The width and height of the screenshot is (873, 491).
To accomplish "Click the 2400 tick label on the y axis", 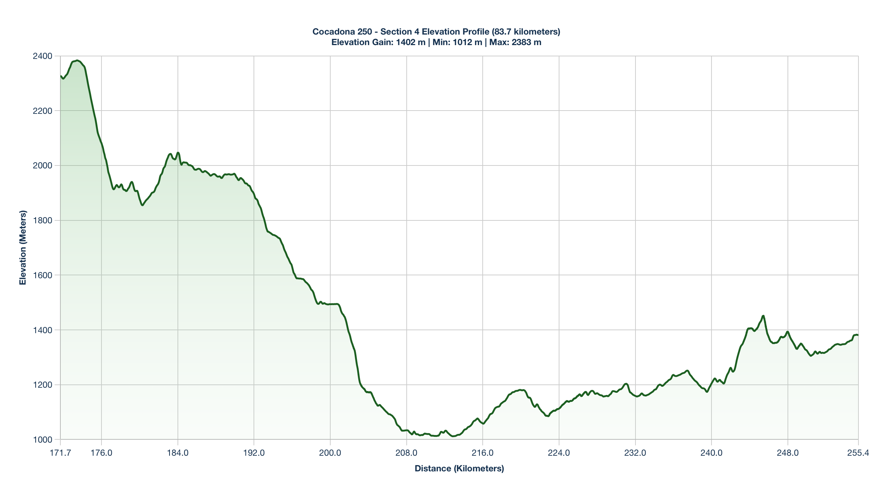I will pos(43,56).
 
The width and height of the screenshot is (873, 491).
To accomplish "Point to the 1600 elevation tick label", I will pos(43,275).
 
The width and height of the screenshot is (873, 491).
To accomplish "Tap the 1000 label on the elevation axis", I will pos(43,440).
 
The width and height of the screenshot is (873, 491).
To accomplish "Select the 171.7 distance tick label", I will pos(60,453).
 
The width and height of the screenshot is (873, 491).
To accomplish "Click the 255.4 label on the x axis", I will pos(858,453).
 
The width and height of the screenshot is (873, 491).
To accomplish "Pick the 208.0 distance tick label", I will pos(406,453).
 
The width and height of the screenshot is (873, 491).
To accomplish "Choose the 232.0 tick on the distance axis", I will pos(635,453).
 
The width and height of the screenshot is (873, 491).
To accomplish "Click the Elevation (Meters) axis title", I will pos(23,248).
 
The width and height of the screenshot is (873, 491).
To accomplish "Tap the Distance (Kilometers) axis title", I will pos(459,468).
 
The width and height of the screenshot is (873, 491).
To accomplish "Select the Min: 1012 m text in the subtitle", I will pos(457,42).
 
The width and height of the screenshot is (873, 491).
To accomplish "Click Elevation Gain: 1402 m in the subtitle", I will pos(378,42).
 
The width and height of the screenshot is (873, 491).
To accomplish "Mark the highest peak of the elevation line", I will pos(77,60).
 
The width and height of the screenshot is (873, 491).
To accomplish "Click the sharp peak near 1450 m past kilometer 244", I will pos(763,316).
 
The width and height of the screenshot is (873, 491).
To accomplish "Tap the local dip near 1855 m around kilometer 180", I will pos(142,205).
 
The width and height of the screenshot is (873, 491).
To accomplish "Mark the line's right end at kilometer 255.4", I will pos(858,335).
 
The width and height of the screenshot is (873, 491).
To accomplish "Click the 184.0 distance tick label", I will pos(178,453).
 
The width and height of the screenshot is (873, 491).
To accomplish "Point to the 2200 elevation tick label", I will pos(43,111).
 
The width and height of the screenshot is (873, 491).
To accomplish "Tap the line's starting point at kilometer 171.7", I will pos(61,76).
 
